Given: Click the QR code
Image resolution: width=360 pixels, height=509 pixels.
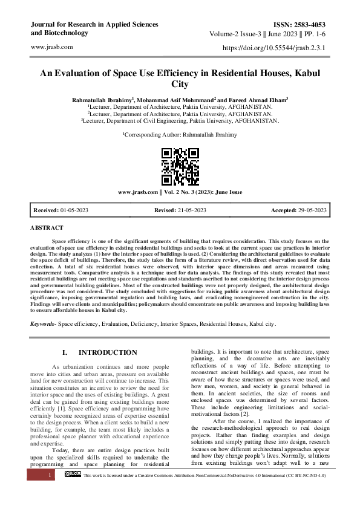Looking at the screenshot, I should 180,166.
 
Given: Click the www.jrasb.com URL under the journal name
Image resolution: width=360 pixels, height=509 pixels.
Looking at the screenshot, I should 51,47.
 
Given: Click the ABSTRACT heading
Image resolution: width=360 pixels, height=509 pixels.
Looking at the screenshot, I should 47,228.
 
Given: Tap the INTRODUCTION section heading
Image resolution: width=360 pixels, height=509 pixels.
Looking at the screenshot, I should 108,352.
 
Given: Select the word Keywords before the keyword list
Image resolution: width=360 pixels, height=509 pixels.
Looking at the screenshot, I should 42,324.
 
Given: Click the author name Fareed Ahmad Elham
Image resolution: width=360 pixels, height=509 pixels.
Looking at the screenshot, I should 257,99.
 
